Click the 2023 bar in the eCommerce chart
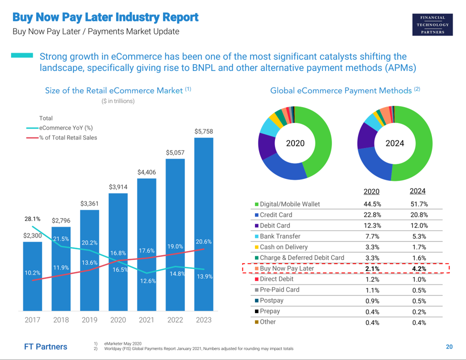coord(203,225)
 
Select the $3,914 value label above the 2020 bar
coord(118,186)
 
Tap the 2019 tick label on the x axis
coord(89,320)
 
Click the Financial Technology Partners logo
coord(433,25)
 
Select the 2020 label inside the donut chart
coord(295,143)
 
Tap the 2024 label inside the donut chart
coord(394,143)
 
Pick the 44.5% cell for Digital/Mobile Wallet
coord(371,204)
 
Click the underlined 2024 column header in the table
coord(417,191)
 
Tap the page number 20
coord(449,347)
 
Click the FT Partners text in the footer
coord(45,346)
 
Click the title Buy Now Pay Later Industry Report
coord(105,17)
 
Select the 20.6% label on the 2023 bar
coord(203,241)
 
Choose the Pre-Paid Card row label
coord(279,290)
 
